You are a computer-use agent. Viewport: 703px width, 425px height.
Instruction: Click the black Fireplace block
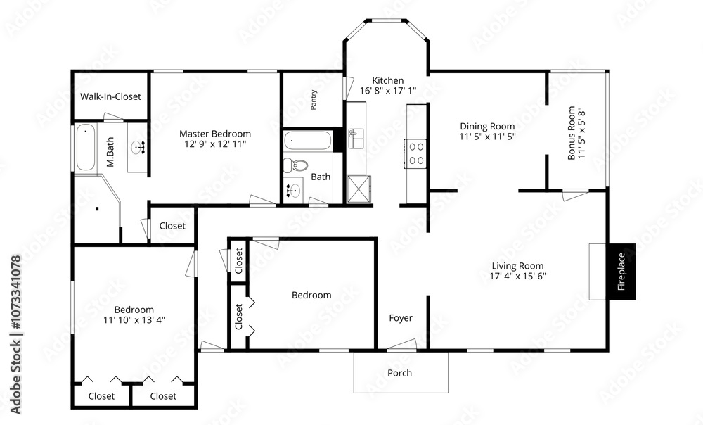(621, 272)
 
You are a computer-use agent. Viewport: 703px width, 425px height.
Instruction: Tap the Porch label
(399, 373)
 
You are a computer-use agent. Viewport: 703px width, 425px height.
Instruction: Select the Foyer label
(401, 318)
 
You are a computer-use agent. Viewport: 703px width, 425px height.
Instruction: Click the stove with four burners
(415, 153)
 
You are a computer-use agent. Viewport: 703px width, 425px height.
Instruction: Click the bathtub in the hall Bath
(308, 140)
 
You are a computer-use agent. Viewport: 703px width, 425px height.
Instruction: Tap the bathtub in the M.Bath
(85, 147)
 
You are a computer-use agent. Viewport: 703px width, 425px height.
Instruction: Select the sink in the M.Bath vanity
(139, 147)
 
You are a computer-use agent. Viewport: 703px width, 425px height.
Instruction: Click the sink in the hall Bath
(292, 190)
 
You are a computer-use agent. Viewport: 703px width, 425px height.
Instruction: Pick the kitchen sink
(356, 138)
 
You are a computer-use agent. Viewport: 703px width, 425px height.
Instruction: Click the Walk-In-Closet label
(110, 96)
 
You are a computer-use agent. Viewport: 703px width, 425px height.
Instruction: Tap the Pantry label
(314, 99)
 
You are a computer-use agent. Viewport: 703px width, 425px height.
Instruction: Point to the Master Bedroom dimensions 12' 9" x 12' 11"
(215, 144)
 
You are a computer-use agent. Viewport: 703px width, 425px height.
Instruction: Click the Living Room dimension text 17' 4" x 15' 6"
(518, 276)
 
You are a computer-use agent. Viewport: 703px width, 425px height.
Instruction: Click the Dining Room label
(487, 127)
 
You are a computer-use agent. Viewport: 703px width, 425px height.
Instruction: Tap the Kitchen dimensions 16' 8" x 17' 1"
(388, 90)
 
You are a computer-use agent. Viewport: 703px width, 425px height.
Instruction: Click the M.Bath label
(110, 152)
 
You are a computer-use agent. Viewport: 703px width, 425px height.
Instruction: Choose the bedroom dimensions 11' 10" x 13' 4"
(134, 320)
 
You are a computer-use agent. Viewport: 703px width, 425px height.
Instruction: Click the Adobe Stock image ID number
(15, 293)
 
